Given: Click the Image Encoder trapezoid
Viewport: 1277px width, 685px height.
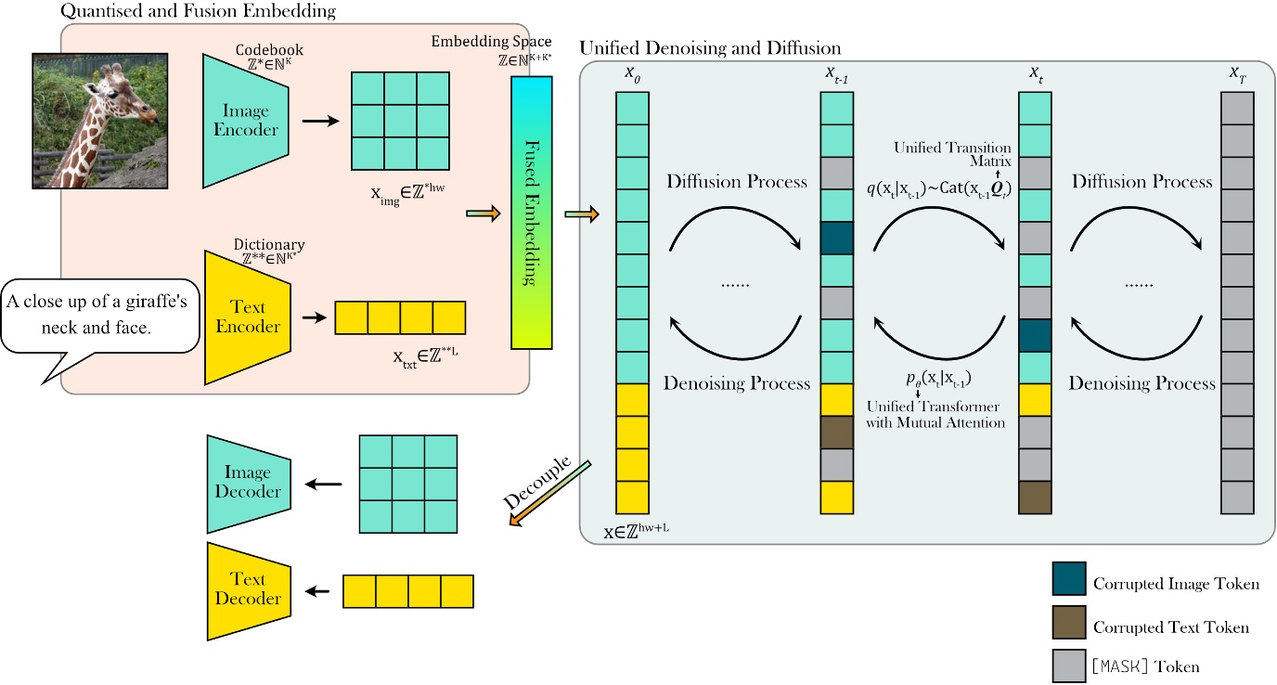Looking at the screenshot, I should [x=246, y=120].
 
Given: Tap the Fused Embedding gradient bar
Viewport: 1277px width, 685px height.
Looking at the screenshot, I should [x=532, y=213].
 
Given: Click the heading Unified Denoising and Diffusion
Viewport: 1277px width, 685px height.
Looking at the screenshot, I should [x=710, y=46].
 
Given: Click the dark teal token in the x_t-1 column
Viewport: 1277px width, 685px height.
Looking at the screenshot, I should [x=836, y=238].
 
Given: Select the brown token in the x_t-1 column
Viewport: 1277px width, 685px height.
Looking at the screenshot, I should [x=836, y=433].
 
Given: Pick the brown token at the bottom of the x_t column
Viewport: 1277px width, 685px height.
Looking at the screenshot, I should [x=1035, y=498].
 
